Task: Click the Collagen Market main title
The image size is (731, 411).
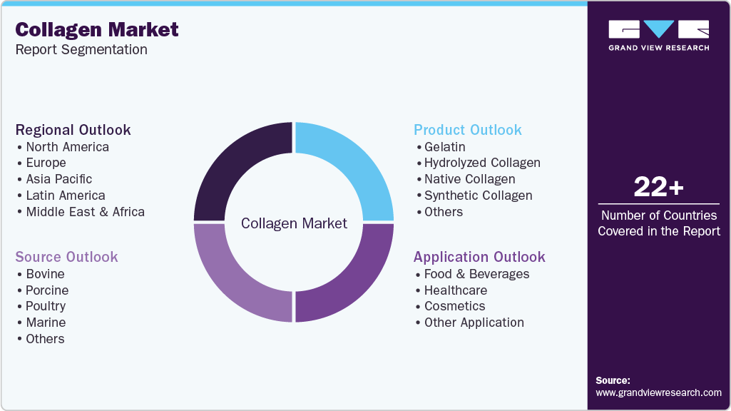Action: pos(97,29)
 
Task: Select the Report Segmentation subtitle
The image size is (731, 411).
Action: pos(81,50)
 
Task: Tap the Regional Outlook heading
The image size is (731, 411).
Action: pos(73,130)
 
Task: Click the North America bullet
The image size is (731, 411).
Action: pos(67,147)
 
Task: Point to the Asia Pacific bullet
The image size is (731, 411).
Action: pos(58,179)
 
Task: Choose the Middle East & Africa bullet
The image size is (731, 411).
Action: pos(85,212)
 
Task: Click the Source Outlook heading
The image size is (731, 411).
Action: pos(67,257)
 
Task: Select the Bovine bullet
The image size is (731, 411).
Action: pos(45,274)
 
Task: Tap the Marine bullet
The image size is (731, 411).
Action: pos(46,323)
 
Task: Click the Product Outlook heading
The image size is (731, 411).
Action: pos(468,130)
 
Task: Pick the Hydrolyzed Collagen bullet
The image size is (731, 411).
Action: pos(482,163)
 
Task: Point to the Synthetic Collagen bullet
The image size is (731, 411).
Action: pos(478,196)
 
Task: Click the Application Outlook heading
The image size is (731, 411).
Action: pos(479,257)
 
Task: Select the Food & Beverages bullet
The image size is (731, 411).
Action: pos(476,274)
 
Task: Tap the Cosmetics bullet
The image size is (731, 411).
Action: pos(454,306)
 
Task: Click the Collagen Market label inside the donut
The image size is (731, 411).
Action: pos(294,223)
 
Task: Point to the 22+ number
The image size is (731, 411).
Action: pos(658,187)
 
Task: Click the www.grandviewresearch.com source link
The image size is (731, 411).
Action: pos(658,392)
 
